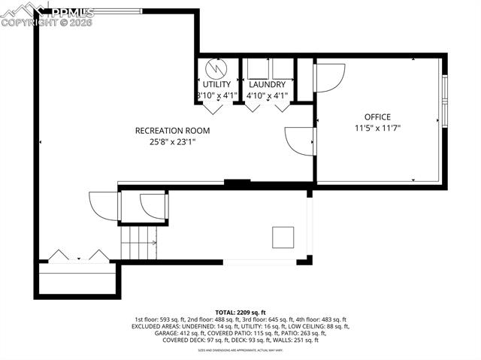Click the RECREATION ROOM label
coord(172,130)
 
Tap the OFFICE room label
coord(377,117)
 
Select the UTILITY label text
coord(216,85)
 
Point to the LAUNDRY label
coord(267,85)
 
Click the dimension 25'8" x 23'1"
coord(172,141)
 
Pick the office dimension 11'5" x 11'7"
coord(377,129)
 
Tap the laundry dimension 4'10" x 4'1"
coord(268,95)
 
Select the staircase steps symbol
coord(139,242)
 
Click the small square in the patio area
coord(283,236)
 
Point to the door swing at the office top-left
coord(329,75)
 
